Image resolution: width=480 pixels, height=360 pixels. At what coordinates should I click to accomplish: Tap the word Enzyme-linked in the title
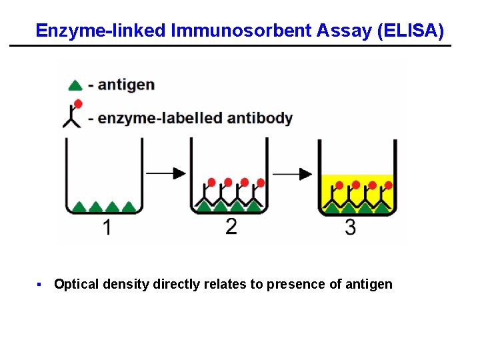point(101,31)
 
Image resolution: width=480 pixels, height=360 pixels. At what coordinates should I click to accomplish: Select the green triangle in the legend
point(76,85)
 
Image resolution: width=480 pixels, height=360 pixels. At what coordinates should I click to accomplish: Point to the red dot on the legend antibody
point(78,103)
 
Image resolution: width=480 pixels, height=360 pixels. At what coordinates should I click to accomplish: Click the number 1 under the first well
point(107,228)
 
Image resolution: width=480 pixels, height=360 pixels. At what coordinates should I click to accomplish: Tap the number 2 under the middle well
point(231,227)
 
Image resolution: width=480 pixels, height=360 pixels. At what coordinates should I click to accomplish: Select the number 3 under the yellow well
point(351,228)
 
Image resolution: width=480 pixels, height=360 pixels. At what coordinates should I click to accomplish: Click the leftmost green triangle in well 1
point(79,207)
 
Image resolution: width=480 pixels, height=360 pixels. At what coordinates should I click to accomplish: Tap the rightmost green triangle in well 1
point(128,207)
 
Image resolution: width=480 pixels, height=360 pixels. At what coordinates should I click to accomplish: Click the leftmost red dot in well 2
point(212,182)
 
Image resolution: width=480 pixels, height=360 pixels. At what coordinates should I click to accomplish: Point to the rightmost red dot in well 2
point(261,182)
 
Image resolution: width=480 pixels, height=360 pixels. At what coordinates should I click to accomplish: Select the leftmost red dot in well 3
point(339,185)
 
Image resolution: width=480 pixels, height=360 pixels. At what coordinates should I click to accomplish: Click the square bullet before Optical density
point(39,285)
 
